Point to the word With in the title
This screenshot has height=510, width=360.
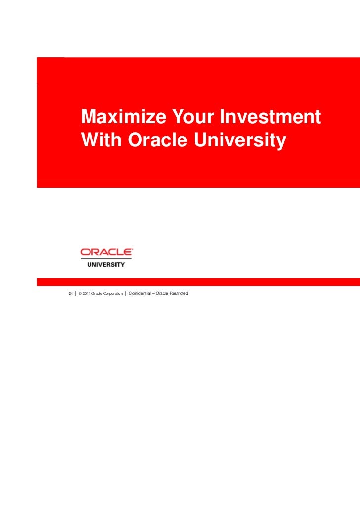[x=102, y=140]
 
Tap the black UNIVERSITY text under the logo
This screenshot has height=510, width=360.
[x=106, y=264]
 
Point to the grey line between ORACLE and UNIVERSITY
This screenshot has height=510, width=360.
[x=106, y=259]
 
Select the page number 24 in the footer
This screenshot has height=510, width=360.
[x=70, y=294]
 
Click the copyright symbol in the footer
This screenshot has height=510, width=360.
[x=80, y=294]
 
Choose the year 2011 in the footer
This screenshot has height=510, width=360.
[x=87, y=294]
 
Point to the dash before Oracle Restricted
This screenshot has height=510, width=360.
[x=155, y=294]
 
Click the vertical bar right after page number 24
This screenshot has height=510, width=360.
[x=75, y=294]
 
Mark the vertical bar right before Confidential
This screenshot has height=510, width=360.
[x=126, y=294]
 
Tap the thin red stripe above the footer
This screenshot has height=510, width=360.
[x=198, y=282]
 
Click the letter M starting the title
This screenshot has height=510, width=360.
[x=90, y=117]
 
